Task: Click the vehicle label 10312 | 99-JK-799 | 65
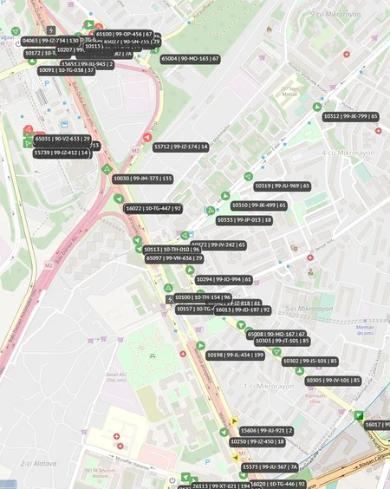click(350, 115)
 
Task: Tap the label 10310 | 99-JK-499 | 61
click(258, 205)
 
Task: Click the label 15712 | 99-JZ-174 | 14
click(180, 147)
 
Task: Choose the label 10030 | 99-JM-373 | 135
click(142, 179)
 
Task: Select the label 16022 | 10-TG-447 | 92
click(153, 208)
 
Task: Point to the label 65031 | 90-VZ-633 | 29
click(62, 139)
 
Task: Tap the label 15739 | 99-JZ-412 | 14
click(61, 153)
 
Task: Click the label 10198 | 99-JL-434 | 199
click(235, 355)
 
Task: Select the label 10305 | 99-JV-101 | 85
click(333, 381)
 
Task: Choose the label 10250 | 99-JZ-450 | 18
click(257, 441)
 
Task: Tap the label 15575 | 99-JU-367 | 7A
click(270, 467)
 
